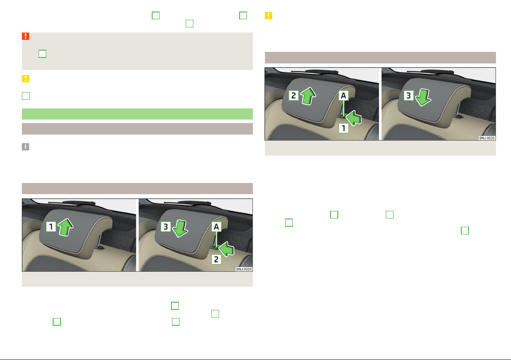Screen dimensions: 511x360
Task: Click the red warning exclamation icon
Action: (x=25, y=36)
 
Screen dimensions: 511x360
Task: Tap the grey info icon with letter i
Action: (x=25, y=147)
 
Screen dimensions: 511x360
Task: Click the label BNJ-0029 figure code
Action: (x=244, y=269)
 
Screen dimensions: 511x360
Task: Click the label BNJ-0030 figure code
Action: (x=487, y=138)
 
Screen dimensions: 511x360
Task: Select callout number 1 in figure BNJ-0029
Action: (x=51, y=226)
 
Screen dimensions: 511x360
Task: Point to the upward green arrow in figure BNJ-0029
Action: (x=66, y=227)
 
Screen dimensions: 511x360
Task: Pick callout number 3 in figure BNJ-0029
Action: (x=165, y=226)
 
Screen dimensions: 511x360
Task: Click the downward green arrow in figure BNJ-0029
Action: (x=180, y=228)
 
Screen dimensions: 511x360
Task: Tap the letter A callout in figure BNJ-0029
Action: (x=216, y=227)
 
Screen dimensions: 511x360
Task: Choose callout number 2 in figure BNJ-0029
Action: (x=216, y=259)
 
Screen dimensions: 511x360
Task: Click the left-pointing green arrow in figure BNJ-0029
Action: (x=226, y=249)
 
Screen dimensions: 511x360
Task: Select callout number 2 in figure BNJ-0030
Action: (x=294, y=96)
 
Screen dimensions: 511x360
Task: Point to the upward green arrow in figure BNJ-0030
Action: (x=308, y=96)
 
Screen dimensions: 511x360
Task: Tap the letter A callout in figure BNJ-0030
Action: (x=343, y=96)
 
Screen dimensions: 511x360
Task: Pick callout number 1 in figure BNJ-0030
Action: (x=343, y=129)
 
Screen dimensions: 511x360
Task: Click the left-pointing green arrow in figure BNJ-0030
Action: (x=354, y=118)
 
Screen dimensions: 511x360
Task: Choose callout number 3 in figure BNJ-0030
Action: (x=409, y=96)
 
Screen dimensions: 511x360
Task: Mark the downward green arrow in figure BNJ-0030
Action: (x=423, y=97)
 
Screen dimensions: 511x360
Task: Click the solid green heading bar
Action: (x=137, y=114)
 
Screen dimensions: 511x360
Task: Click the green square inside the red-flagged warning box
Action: (x=42, y=54)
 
